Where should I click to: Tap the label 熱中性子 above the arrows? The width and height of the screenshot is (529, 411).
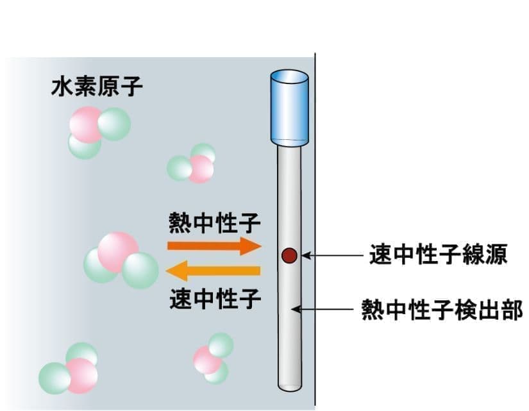(214, 224)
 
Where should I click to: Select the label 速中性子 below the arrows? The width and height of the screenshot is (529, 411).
(214, 298)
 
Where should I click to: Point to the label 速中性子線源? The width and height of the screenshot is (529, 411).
(439, 256)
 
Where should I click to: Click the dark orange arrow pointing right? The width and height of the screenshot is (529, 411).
(214, 246)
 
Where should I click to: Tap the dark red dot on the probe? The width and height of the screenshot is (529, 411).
(289, 256)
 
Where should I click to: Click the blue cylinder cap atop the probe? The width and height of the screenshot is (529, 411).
(289, 106)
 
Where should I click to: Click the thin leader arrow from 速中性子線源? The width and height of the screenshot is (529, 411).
(333, 256)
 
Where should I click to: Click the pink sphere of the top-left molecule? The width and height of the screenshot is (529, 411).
(85, 126)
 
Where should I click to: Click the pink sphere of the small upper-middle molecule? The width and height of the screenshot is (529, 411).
(200, 168)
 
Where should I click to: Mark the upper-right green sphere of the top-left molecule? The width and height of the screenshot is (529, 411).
(114, 123)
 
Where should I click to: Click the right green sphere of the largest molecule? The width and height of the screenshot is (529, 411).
(140, 270)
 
